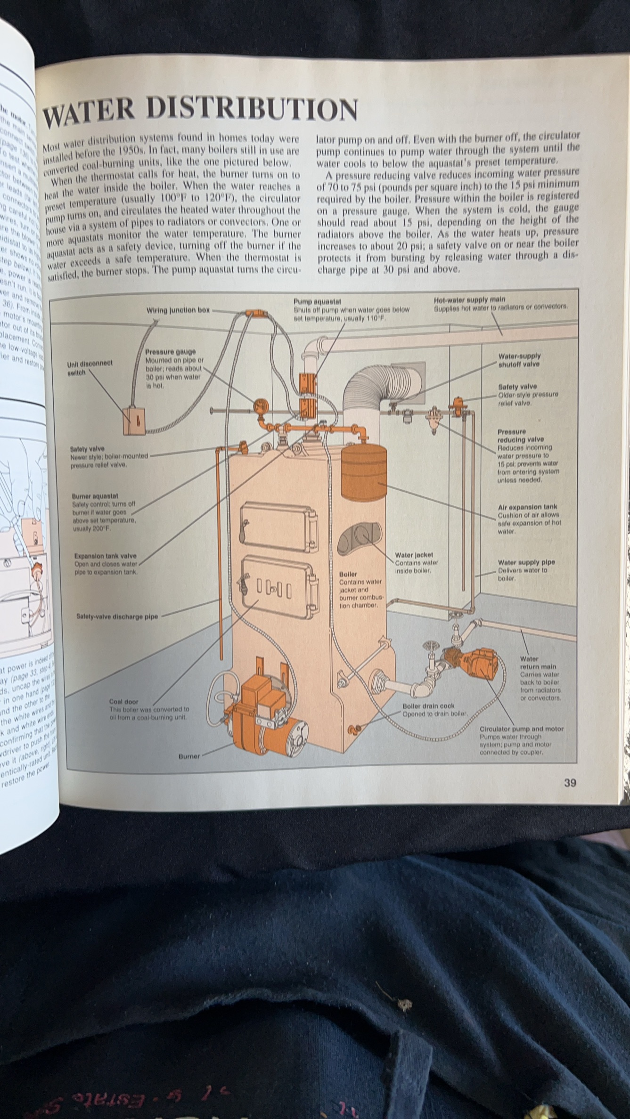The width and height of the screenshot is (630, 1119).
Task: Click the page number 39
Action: [x=570, y=783]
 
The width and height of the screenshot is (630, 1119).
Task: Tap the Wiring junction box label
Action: [x=178, y=310]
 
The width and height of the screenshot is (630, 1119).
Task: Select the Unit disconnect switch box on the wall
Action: [x=133, y=421]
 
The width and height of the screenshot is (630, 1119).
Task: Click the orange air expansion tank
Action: [x=363, y=472]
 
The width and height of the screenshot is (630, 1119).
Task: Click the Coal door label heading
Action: [x=123, y=701]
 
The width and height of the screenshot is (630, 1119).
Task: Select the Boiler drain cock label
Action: [x=428, y=706]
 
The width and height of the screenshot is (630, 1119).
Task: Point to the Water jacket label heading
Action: [x=414, y=555]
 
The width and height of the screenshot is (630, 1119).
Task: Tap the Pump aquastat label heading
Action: [x=317, y=301]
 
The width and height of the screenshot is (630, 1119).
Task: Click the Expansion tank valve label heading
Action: [x=105, y=556]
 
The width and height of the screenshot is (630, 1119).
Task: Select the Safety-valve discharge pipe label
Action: [x=117, y=616]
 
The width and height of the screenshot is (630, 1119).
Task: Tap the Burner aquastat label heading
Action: [x=95, y=496]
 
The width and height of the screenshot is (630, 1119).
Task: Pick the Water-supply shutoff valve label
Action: [x=519, y=360]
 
